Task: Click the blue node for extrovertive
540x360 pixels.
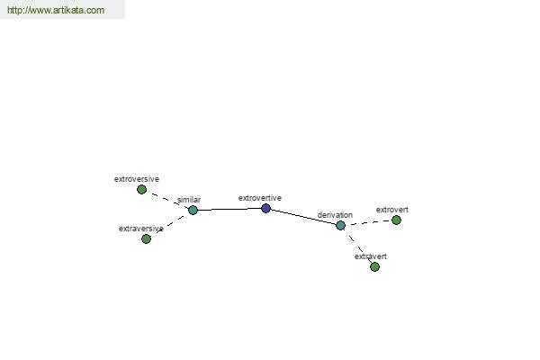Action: (x=265, y=208)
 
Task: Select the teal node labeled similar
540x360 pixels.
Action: (x=193, y=210)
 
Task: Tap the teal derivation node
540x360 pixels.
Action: (x=340, y=225)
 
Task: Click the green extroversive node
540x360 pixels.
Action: (x=141, y=189)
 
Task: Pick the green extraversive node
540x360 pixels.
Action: (x=146, y=238)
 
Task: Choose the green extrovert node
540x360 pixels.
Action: (x=396, y=220)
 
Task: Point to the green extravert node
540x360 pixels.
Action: (x=374, y=266)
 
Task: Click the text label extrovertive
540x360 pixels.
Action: (x=260, y=198)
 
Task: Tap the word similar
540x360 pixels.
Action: (x=189, y=200)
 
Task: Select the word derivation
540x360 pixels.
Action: (x=335, y=214)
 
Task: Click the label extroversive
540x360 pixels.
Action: (x=137, y=179)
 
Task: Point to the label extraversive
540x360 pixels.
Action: (x=141, y=229)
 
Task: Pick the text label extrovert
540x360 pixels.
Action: (x=391, y=210)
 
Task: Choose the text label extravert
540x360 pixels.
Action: (x=370, y=256)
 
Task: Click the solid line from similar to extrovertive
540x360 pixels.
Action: (x=229, y=209)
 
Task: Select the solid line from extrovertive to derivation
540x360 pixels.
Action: (x=303, y=217)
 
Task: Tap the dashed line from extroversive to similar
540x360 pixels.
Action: (x=168, y=200)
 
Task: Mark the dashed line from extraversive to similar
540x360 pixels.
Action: (x=171, y=223)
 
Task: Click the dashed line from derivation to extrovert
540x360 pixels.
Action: (x=368, y=222)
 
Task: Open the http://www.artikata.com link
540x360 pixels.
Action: (x=56, y=10)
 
